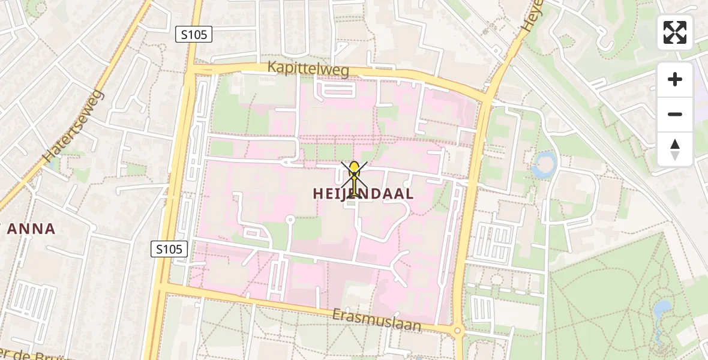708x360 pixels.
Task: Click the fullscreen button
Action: pos(675,32)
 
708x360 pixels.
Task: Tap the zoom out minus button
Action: pos(675,114)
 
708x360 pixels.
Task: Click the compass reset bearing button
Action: pos(675,149)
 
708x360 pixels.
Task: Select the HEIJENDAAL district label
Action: pos(363,194)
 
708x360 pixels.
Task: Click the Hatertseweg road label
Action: pos(74,127)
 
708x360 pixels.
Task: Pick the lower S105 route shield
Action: pos(170,248)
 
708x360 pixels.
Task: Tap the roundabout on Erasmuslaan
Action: pos(458,330)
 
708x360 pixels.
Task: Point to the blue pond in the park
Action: pos(662,310)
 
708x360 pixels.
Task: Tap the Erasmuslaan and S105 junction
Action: pos(162,288)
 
